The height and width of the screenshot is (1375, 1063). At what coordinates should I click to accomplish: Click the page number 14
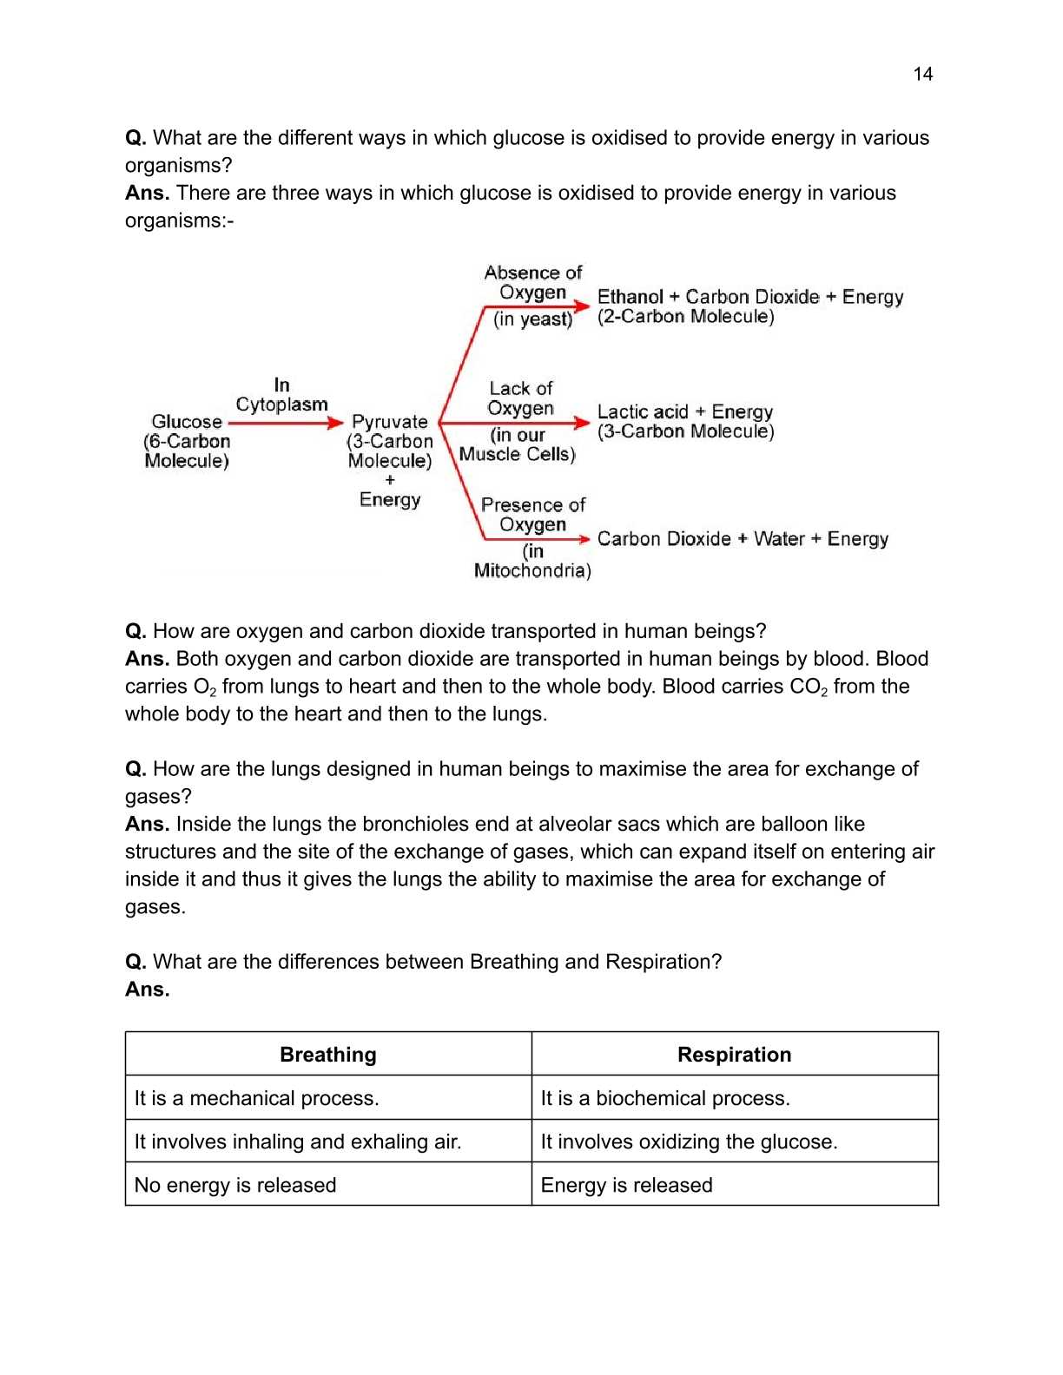(922, 74)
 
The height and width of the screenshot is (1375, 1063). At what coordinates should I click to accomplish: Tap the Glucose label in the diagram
(187, 421)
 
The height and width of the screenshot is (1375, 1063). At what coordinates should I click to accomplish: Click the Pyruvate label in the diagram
(390, 421)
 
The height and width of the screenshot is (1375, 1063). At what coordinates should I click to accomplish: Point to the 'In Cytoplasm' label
(281, 394)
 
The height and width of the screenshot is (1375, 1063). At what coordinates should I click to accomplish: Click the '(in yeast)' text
(532, 319)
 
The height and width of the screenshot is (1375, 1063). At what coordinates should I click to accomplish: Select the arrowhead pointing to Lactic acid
(584, 423)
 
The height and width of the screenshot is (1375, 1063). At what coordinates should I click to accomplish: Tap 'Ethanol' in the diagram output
(630, 297)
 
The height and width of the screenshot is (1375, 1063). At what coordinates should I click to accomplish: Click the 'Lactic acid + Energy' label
(684, 411)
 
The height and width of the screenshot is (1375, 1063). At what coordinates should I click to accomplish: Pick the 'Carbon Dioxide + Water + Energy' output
(743, 539)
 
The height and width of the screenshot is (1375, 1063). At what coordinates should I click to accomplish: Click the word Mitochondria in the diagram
(531, 570)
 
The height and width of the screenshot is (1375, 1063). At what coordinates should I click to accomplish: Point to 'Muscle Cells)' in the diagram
(517, 454)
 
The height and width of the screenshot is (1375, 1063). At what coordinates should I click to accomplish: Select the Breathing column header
(328, 1055)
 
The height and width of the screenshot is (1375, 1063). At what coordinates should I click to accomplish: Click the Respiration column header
(734, 1055)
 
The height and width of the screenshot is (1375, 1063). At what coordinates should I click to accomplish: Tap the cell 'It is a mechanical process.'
(256, 1098)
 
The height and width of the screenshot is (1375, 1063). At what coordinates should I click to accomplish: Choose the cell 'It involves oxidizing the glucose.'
(689, 1141)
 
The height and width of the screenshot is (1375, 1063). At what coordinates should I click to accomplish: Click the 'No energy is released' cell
(235, 1185)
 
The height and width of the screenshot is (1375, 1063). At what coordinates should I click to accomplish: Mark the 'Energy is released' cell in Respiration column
(626, 1185)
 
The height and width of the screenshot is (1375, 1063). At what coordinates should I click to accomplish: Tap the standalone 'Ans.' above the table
(147, 990)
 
